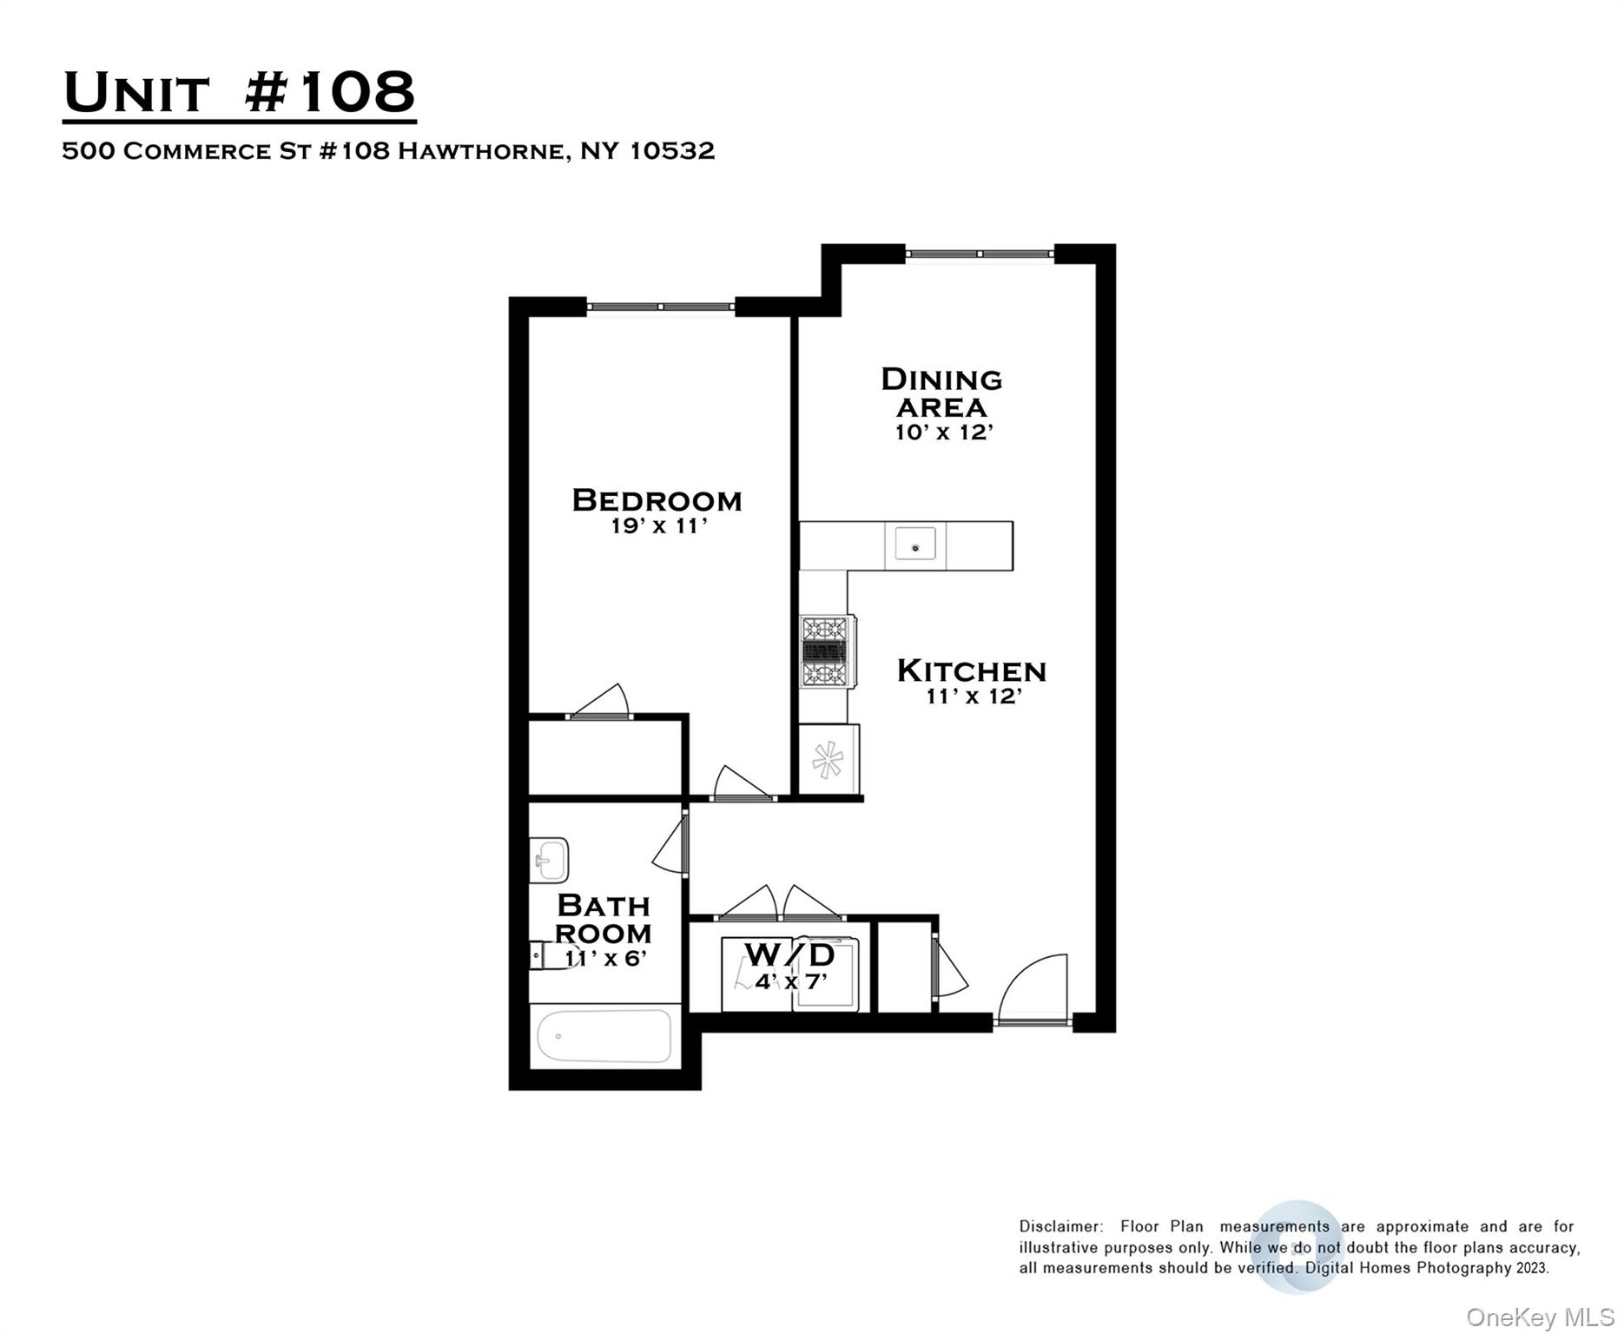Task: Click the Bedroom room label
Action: [x=657, y=500]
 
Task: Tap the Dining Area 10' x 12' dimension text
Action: [x=943, y=433]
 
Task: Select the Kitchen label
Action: [x=971, y=670]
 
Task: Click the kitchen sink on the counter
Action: [x=914, y=545]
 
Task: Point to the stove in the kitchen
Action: [x=826, y=651]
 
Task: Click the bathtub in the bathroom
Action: [x=604, y=1035]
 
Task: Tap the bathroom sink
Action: [x=549, y=860]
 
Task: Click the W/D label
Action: [x=789, y=954]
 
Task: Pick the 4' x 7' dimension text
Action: [x=790, y=982]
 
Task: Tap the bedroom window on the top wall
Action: [x=661, y=307]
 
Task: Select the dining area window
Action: [x=980, y=254]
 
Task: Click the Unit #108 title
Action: [x=240, y=92]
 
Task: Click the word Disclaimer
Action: [x=1061, y=1226]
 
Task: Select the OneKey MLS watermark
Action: [x=1540, y=1317]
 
